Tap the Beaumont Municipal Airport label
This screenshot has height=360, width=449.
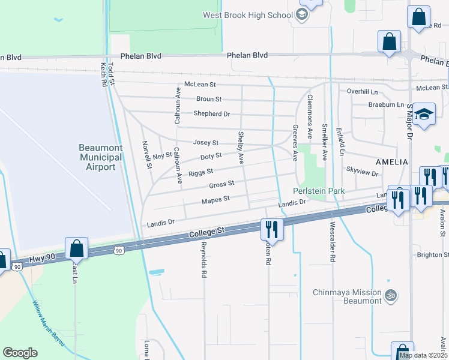(x=101, y=157)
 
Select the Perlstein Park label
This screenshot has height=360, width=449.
(x=318, y=191)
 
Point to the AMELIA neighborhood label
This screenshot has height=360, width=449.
(x=391, y=162)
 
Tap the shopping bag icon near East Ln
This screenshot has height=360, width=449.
(x=77, y=248)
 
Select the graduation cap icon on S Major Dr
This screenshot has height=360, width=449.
(x=424, y=115)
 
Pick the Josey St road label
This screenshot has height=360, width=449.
(x=205, y=143)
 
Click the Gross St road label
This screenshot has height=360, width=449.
(x=221, y=184)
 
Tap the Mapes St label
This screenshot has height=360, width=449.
(x=215, y=199)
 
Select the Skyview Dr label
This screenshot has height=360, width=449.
(x=363, y=173)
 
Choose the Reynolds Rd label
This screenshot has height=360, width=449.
(x=204, y=260)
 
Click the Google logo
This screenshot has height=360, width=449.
(x=20, y=353)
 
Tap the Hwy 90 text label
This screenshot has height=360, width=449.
(x=41, y=259)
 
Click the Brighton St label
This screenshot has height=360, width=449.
(x=433, y=254)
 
